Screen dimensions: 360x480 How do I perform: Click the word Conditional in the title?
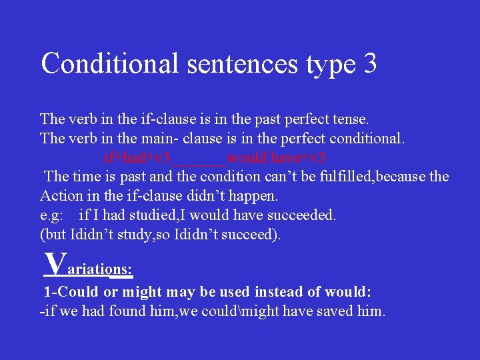(x=110, y=64)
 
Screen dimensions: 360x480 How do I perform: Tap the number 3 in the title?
(x=370, y=64)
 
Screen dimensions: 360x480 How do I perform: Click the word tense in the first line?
(x=350, y=120)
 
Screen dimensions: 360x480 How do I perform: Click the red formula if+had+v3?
(x=137, y=159)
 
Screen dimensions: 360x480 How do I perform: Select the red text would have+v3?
(x=276, y=159)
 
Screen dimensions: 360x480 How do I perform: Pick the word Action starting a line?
(x=59, y=197)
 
